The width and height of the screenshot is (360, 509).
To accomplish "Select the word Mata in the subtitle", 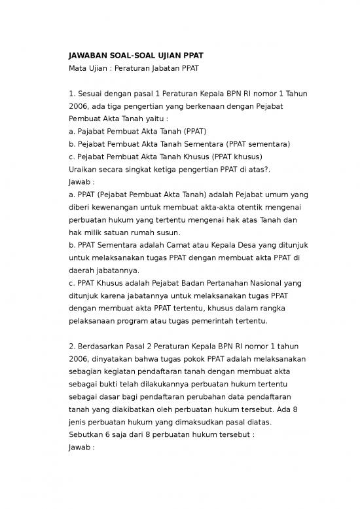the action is tap(79, 68).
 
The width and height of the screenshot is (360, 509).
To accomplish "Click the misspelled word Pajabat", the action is tap(90, 132).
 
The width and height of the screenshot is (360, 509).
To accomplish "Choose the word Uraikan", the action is tap(83, 169).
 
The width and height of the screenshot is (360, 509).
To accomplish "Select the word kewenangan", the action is tap(107, 208).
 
